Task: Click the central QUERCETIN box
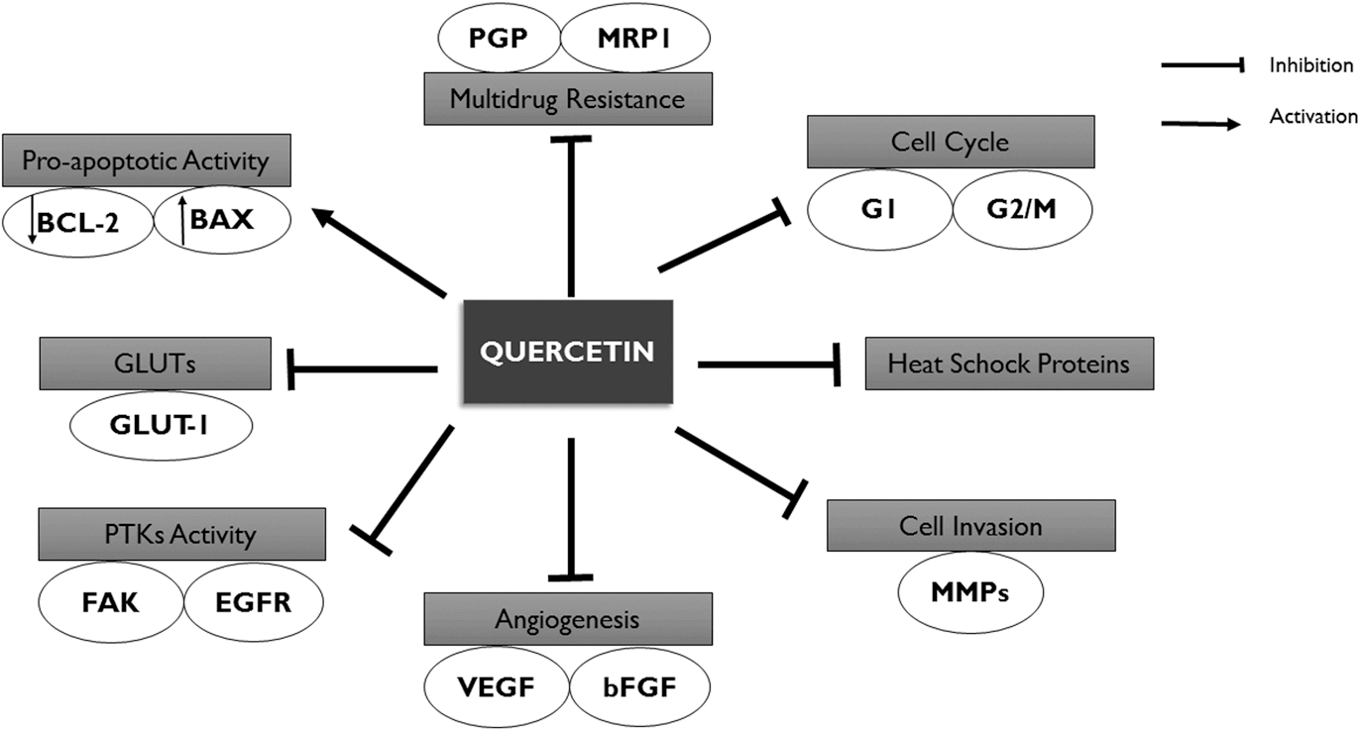[567, 352]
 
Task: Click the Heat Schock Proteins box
[1009, 364]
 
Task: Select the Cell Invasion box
[970, 525]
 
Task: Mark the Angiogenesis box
[569, 620]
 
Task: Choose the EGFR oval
[254, 601]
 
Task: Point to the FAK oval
[112, 601]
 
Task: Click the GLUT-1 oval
[161, 427]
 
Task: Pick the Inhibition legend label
[1310, 66]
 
